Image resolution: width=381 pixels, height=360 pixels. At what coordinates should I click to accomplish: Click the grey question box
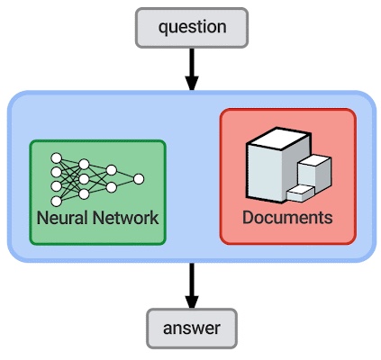click(192, 28)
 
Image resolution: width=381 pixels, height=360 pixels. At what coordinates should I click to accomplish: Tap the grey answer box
click(192, 328)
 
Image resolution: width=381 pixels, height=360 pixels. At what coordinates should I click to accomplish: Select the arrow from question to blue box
click(192, 69)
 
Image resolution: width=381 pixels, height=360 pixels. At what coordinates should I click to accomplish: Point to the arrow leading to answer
click(192, 285)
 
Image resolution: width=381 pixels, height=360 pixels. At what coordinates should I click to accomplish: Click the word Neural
click(62, 218)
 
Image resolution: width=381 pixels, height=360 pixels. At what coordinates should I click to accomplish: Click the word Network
click(125, 218)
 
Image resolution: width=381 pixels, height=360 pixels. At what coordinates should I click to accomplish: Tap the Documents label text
click(287, 217)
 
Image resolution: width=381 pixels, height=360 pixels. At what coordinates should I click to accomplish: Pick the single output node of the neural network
click(139, 179)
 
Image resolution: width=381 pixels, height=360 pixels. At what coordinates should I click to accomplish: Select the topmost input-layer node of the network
click(57, 158)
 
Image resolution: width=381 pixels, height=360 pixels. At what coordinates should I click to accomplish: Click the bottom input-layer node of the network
click(57, 202)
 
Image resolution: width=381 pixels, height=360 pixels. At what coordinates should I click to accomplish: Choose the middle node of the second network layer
click(84, 179)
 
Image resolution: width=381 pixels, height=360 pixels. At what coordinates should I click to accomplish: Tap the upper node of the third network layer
click(112, 170)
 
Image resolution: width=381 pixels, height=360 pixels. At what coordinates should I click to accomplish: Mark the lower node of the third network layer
click(112, 188)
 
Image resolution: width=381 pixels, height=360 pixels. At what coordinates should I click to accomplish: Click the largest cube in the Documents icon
click(274, 165)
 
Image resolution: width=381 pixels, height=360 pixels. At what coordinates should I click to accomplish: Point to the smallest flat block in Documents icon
click(300, 193)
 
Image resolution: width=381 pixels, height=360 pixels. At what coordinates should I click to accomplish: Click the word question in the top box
click(193, 27)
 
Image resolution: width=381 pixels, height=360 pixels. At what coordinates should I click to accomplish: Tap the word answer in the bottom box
click(192, 328)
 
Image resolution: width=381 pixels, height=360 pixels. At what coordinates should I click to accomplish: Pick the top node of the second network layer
click(84, 164)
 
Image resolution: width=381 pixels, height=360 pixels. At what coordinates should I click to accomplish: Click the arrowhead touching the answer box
click(192, 302)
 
